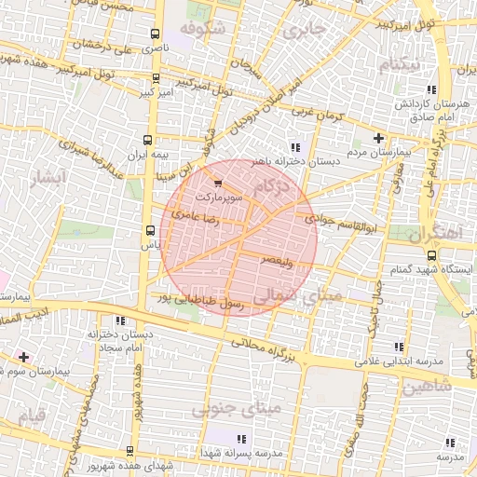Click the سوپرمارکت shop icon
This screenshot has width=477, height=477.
tap(218, 184)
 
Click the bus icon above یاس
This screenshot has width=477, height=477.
tap(150, 230)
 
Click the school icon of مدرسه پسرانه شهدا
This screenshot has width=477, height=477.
tap(241, 439)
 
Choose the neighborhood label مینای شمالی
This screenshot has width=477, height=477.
tap(298, 297)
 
